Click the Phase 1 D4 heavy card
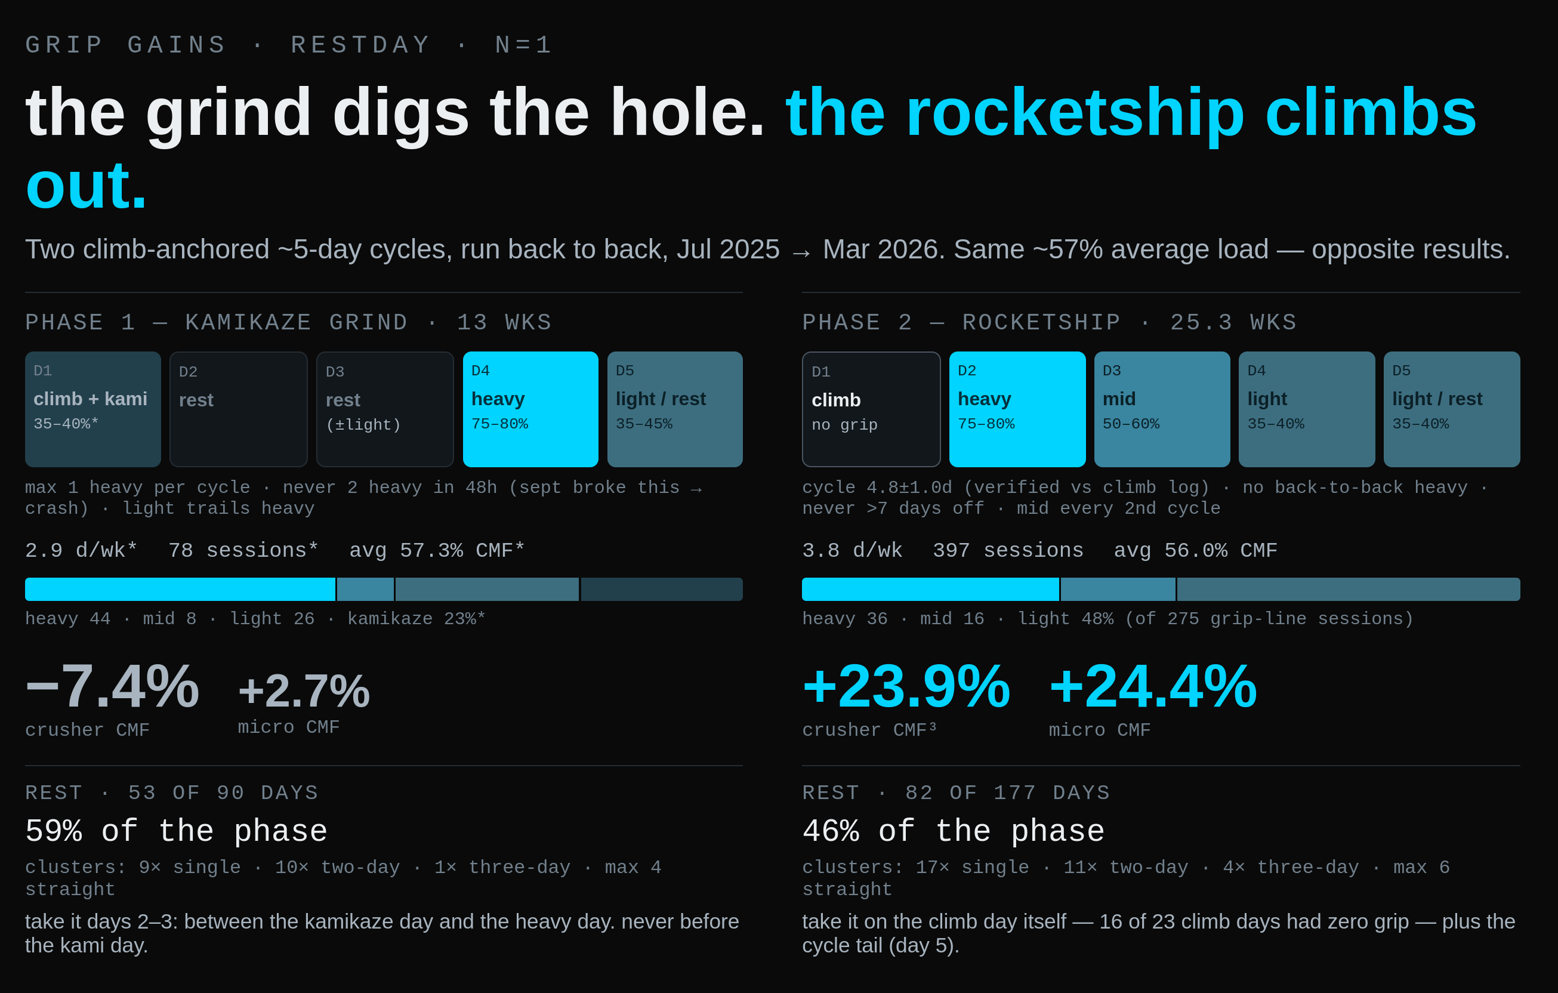(x=530, y=409)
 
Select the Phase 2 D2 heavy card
(x=1017, y=409)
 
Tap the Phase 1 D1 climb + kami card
(x=93, y=409)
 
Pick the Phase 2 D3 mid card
(x=1162, y=409)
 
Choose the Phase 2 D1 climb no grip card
(x=871, y=409)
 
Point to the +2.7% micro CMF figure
(x=304, y=691)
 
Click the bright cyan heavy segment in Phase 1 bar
(x=180, y=590)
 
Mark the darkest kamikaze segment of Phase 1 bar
(x=662, y=590)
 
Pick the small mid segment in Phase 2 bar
(x=1118, y=590)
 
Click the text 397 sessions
(x=1008, y=550)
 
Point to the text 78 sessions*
(x=243, y=550)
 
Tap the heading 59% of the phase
(x=176, y=831)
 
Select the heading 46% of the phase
(x=953, y=831)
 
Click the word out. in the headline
(x=87, y=186)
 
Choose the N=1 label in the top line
(x=524, y=45)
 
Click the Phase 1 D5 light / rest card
(x=675, y=409)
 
